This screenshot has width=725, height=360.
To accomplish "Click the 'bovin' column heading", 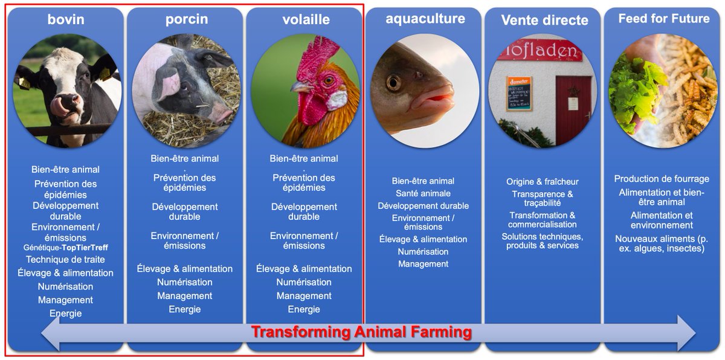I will point(66,19).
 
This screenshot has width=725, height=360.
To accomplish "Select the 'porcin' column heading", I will point(187,19).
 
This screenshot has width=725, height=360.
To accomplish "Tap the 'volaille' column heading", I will point(306,19).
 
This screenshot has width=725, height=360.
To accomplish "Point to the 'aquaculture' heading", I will point(425,19).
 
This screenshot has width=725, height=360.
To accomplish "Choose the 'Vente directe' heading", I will point(544,20).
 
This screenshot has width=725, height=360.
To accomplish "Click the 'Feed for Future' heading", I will point(664,19).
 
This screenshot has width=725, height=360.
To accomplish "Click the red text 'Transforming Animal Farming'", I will point(361,332).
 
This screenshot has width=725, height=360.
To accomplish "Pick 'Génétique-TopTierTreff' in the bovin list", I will point(66,248).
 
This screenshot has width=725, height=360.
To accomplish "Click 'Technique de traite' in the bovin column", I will point(65,260).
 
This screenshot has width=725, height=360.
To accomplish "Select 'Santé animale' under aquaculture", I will point(423,193).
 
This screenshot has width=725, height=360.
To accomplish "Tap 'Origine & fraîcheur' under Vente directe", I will point(543,182).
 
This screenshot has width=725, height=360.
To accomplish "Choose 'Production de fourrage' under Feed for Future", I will point(662,179).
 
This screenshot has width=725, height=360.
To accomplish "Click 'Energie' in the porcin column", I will point(184,309).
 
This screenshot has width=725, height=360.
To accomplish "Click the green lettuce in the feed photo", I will point(634,97).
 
